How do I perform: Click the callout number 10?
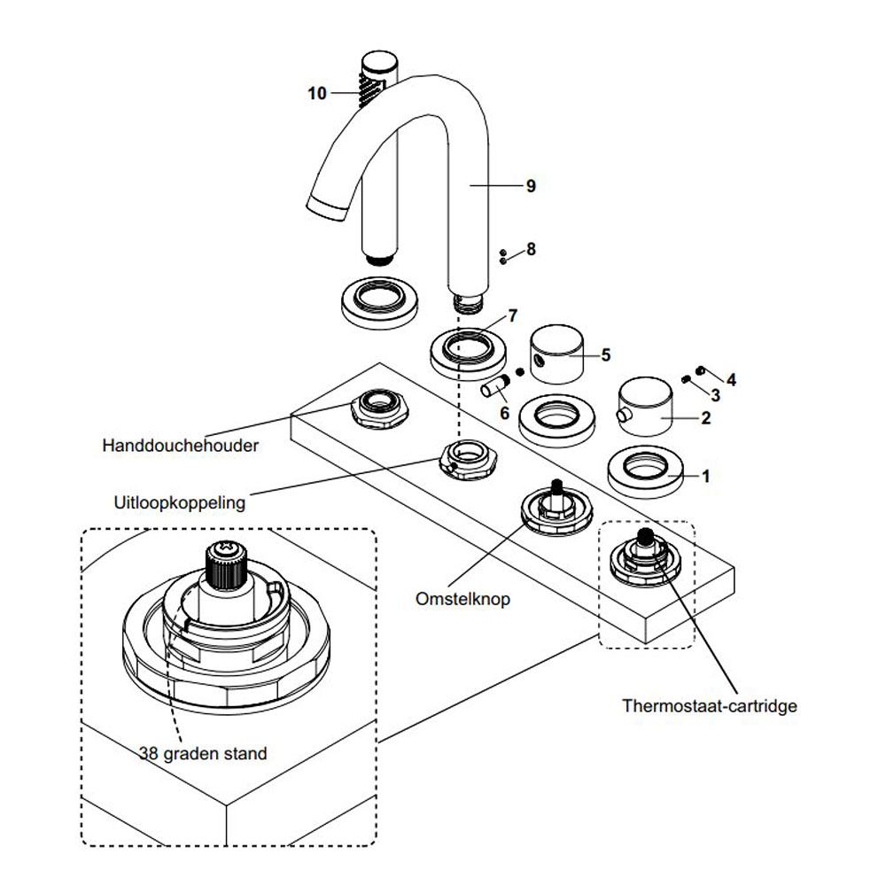coord(317,93)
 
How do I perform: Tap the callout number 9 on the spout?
coord(531,186)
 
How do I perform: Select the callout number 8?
coord(531,250)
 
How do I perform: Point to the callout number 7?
coord(513,315)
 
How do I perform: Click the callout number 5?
coord(606,354)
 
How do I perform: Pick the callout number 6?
coord(504,412)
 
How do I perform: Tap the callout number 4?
coord(731,379)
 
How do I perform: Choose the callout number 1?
coord(705,476)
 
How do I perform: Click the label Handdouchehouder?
coord(181,446)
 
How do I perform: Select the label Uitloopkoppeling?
coord(180,502)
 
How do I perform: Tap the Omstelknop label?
coord(462,599)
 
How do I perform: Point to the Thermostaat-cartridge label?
coord(710,706)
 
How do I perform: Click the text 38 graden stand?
coord(203,754)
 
